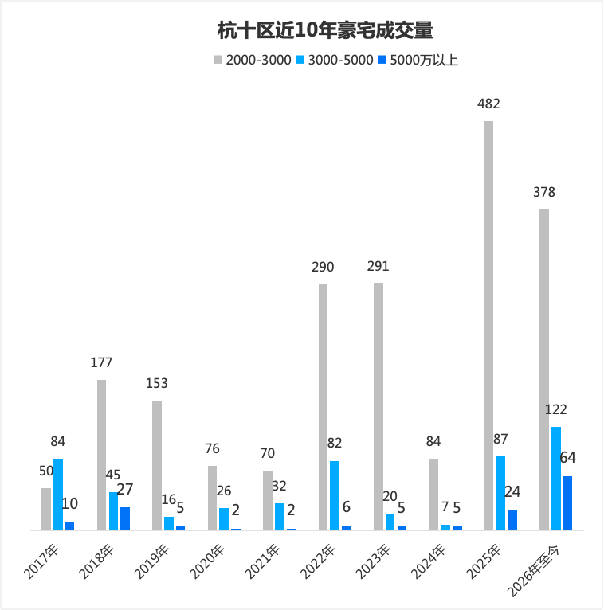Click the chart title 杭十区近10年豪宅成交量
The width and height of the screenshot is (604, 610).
click(x=325, y=30)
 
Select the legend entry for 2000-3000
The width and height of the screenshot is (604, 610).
click(x=252, y=60)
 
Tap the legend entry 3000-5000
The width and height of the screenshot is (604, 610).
click(x=335, y=60)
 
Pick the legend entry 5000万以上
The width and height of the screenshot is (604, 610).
click(x=418, y=60)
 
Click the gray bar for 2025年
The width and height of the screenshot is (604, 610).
click(x=488, y=325)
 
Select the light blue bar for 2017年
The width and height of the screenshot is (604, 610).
click(x=58, y=494)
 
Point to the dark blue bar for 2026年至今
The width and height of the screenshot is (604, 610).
click(x=568, y=502)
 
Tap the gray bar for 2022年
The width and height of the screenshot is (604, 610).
click(x=323, y=407)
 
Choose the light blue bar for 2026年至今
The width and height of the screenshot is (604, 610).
click(x=556, y=478)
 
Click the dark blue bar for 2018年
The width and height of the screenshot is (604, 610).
click(x=125, y=518)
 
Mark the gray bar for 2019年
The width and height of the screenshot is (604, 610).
click(x=157, y=465)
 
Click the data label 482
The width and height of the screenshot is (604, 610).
click(x=488, y=104)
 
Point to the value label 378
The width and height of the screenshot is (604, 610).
click(x=544, y=192)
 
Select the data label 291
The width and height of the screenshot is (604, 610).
click(x=378, y=267)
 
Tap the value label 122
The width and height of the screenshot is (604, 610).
click(x=555, y=409)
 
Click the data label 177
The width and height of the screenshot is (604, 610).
click(x=101, y=362)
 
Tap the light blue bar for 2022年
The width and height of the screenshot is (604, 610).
click(x=335, y=495)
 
